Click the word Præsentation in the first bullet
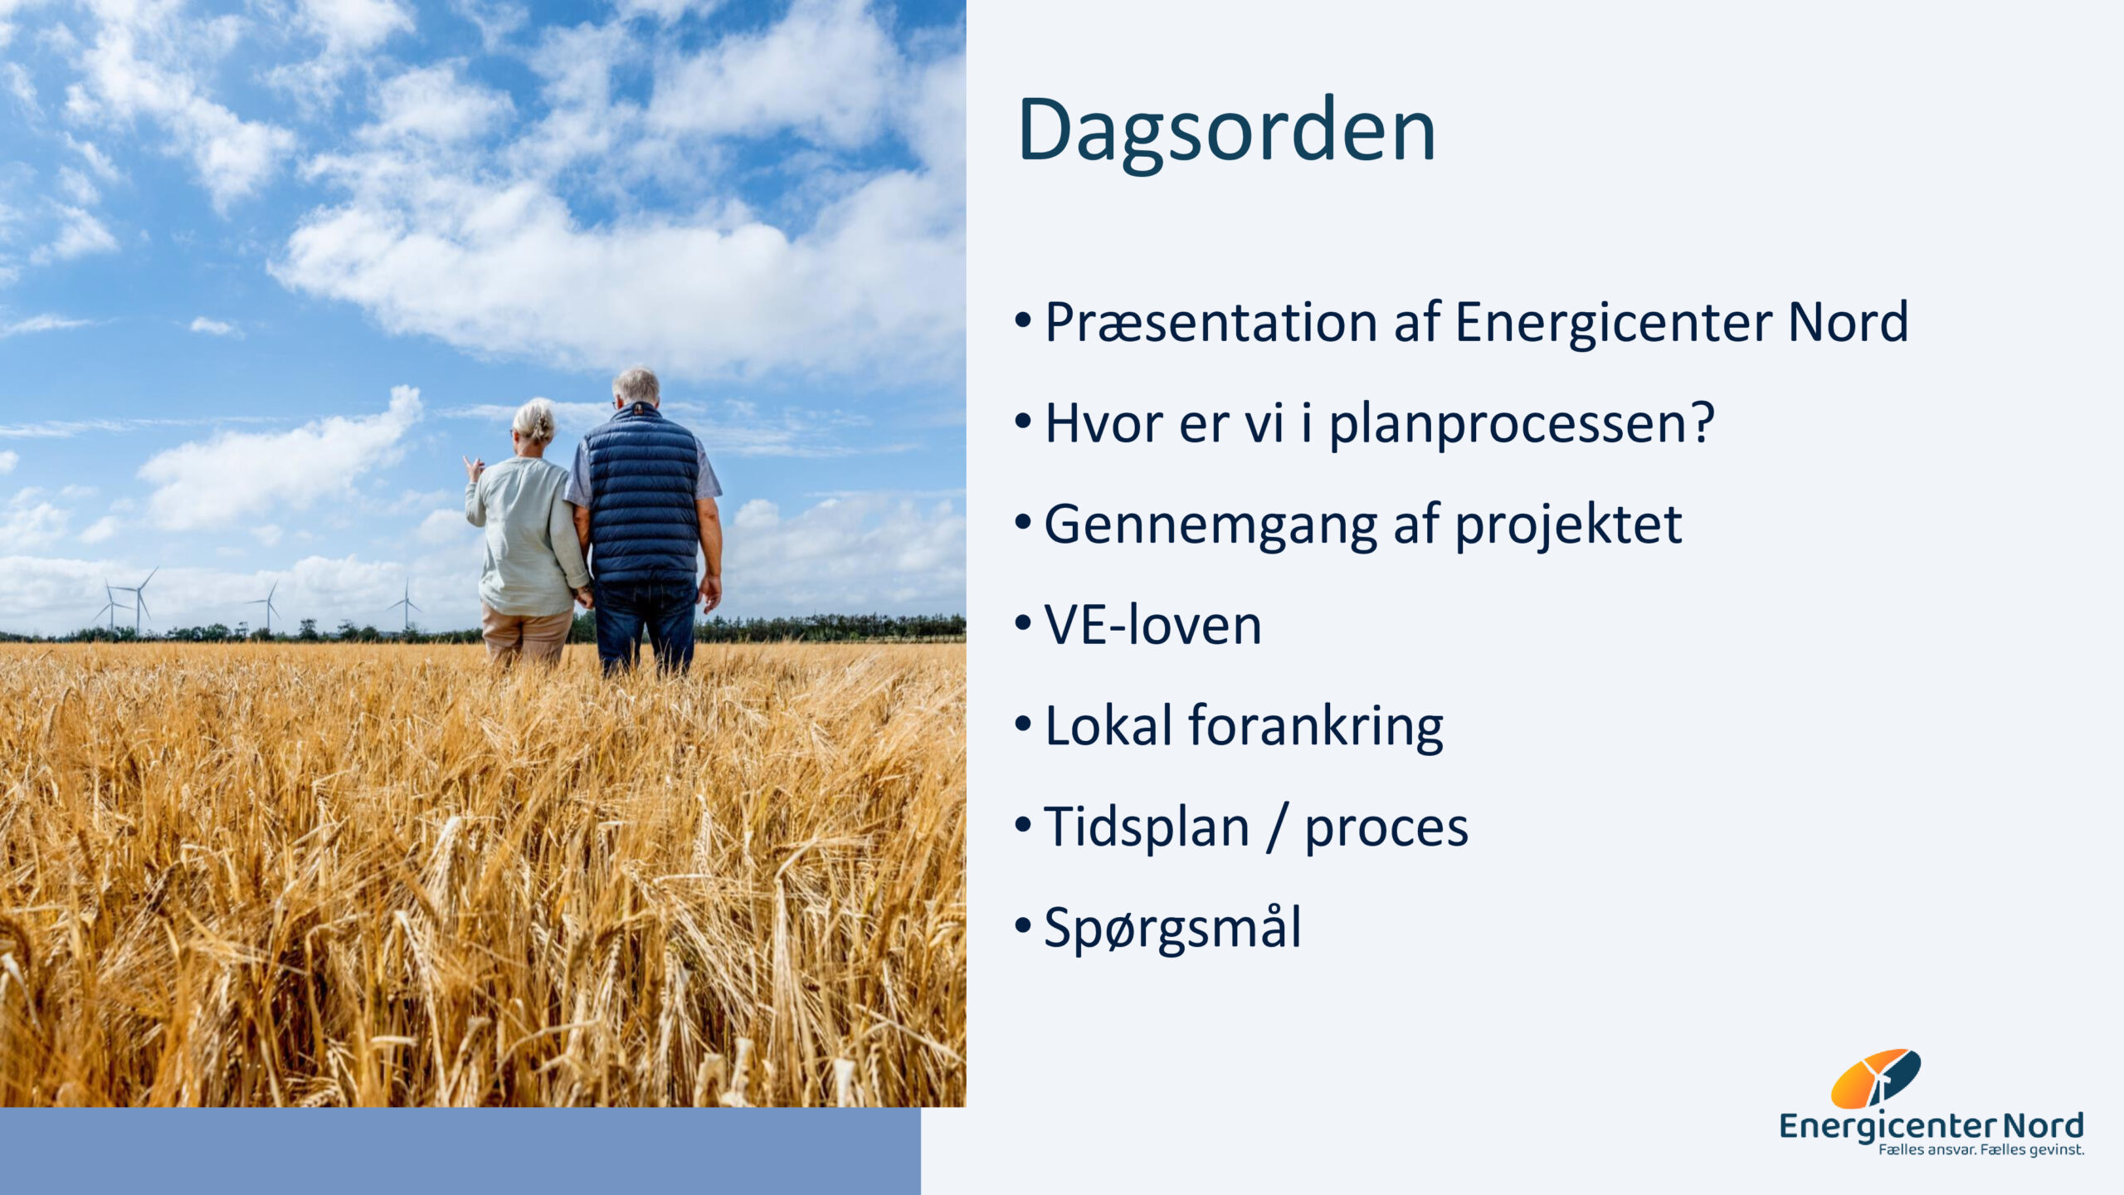pyautogui.click(x=1211, y=322)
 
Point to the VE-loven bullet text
pyautogui.click(x=1152, y=625)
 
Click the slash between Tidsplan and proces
pyautogui.click(x=1278, y=828)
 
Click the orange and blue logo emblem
pyautogui.click(x=1875, y=1078)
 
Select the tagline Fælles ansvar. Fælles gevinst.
pyautogui.click(x=1981, y=1150)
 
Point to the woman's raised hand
pyautogui.click(x=474, y=470)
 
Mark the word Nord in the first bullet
pyautogui.click(x=1848, y=322)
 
